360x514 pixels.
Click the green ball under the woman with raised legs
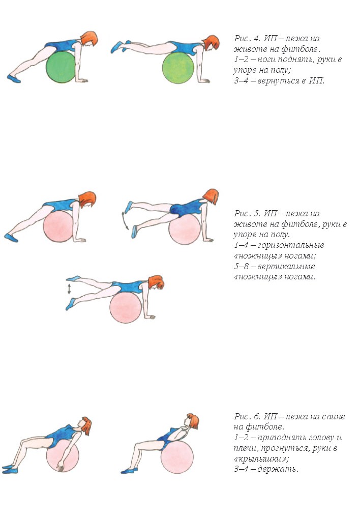coord(178,67)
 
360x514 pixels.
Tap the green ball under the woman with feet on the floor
coord(61,66)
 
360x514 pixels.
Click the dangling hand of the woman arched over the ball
coord(61,466)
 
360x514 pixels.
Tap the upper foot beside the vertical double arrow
coord(73,278)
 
